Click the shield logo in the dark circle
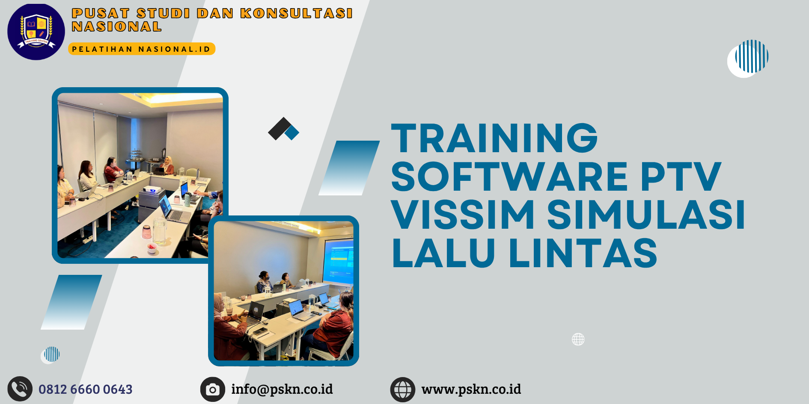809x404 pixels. click(x=36, y=31)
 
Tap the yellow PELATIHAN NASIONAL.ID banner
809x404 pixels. click(x=141, y=49)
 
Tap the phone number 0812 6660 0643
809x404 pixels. click(x=86, y=389)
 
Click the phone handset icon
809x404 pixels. click(x=20, y=389)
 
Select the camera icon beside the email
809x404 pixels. click(x=213, y=389)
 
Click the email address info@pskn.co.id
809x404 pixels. click(x=282, y=389)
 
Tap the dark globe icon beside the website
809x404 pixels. click(x=402, y=389)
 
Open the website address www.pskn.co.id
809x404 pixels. click(x=471, y=389)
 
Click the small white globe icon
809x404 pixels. click(x=578, y=339)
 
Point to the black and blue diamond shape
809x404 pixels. click(x=283, y=129)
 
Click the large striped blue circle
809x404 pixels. click(x=751, y=56)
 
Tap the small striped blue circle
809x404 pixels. click(x=52, y=354)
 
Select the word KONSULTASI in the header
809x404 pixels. click(x=296, y=13)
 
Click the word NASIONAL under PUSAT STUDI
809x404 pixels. click(x=116, y=27)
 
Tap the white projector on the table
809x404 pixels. click(x=152, y=189)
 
